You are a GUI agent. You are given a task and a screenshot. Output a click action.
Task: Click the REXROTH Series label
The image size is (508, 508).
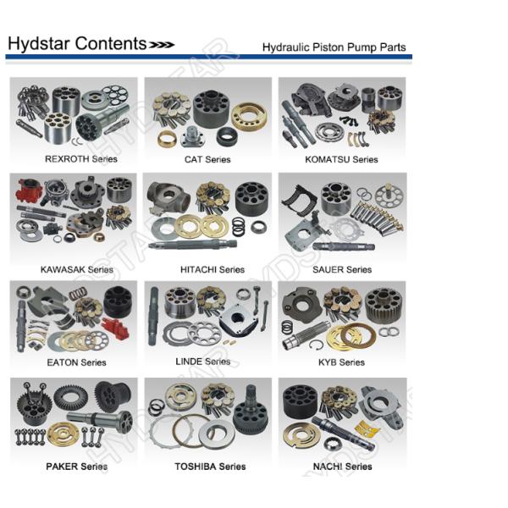81,159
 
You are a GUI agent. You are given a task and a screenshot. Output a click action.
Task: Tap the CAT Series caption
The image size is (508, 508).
207,159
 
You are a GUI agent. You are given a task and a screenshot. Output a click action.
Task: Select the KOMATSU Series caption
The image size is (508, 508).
341,159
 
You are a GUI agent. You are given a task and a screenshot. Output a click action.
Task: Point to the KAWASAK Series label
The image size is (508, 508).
77,269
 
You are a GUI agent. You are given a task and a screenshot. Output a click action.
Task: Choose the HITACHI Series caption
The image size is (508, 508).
213,269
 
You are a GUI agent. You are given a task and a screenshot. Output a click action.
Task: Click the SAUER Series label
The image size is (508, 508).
342,269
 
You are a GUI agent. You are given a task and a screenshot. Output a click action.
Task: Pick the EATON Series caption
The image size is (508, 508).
76,362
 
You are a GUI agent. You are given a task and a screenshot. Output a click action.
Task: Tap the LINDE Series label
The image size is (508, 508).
203,362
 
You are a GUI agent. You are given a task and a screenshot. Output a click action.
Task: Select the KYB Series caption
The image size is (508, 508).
341,362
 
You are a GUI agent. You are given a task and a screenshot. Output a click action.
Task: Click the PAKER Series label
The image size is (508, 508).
77,467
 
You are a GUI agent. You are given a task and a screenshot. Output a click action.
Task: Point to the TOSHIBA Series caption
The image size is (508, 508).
210,467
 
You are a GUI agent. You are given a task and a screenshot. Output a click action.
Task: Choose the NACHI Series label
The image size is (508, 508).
342,467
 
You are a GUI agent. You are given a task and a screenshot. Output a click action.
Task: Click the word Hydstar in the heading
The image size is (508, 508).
39,44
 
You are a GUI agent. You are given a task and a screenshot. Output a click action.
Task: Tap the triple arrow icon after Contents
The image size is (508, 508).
162,45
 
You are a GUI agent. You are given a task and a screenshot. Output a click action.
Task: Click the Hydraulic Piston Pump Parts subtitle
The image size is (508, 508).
334,47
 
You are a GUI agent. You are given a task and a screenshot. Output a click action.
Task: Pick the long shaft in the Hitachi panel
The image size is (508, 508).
193,245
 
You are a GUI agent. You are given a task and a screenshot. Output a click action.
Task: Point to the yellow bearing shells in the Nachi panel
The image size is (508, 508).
367,428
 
